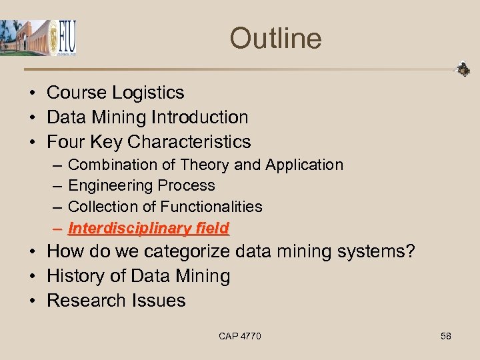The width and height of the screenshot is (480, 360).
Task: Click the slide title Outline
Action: [x=275, y=38]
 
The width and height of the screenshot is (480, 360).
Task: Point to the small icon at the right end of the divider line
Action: [x=462, y=69]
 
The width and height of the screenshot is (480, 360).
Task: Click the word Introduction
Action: [x=199, y=117]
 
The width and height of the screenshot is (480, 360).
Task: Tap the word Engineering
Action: [x=107, y=185]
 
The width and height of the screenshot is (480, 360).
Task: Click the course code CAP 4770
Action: [x=240, y=336]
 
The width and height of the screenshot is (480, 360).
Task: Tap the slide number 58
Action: [x=446, y=336]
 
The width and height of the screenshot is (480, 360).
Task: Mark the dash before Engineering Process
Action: [x=57, y=186]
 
